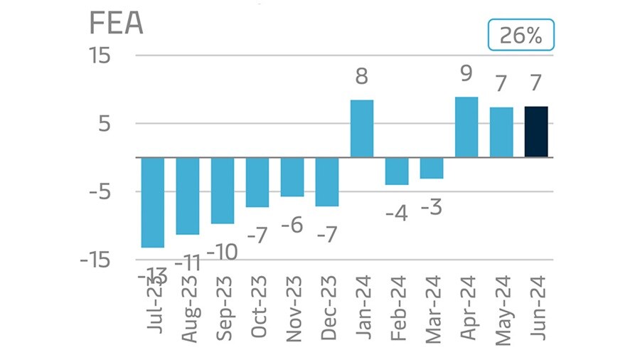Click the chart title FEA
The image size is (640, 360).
[117, 23]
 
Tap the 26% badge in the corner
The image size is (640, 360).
[521, 36]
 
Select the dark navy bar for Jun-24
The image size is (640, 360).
[536, 132]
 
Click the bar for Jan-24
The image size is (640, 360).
[361, 129]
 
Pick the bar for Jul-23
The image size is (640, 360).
[153, 202]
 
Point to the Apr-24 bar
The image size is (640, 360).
[466, 127]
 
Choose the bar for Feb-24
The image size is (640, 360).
[396, 171]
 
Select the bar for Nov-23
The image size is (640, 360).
[292, 176]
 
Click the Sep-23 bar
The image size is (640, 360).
[223, 190]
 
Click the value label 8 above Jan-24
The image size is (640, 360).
[361, 77]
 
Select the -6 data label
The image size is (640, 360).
[292, 226]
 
